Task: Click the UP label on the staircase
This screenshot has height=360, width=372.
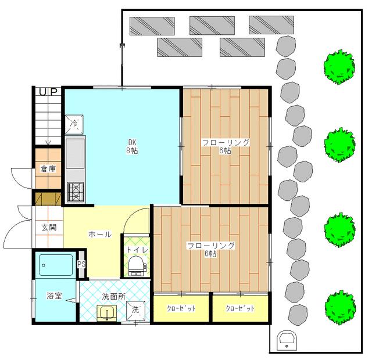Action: pos(48,92)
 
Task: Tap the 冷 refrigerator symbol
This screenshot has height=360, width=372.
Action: pos(74,124)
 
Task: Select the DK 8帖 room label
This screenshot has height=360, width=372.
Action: pos(132,147)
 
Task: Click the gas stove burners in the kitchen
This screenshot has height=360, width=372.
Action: pos(75,192)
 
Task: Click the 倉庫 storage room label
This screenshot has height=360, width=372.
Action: pos(48,169)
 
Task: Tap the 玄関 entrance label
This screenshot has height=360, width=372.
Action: pos(49,227)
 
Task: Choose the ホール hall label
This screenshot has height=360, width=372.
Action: pos(100,235)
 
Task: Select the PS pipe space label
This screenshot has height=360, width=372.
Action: pos(81,264)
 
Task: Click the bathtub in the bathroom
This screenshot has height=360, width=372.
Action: pos(56,265)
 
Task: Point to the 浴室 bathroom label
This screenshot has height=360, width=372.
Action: pos(54,296)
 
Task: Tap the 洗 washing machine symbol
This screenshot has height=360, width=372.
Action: pos(135,310)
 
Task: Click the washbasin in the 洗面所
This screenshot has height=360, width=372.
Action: pos(107,313)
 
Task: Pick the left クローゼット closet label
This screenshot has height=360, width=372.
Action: pos(181,308)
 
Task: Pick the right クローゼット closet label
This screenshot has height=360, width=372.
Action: pos(240,308)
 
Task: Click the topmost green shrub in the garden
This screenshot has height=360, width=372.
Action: pos(339,67)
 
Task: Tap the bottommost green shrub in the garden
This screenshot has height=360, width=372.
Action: pos(340,307)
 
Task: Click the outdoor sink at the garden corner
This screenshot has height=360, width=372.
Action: pos(287,340)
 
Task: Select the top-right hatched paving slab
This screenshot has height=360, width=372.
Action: pos(271,25)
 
